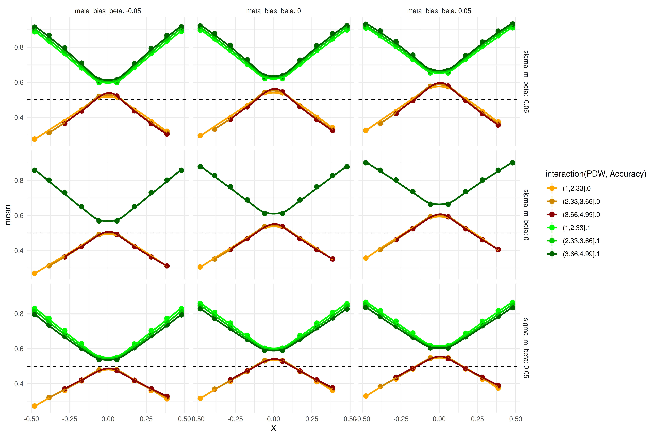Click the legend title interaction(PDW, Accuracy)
[x=595, y=174]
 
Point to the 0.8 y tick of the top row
[x=19, y=47]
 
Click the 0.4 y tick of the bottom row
[x=19, y=384]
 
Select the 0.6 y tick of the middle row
[x=19, y=215]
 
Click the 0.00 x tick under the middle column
[x=273, y=419]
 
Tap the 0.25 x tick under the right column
[x=477, y=419]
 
